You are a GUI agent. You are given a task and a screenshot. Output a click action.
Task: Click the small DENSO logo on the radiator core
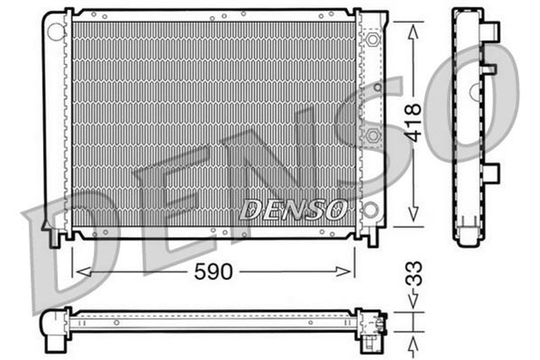point(294,207)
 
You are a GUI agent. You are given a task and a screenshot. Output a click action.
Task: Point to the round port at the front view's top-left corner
point(56,31)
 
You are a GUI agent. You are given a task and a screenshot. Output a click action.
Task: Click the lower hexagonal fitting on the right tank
point(375,136)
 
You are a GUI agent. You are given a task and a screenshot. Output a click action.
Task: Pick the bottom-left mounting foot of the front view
point(56,237)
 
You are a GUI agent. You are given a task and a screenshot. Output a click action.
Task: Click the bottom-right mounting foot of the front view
point(372,237)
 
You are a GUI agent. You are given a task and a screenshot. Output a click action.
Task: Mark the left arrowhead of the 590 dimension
point(78,271)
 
